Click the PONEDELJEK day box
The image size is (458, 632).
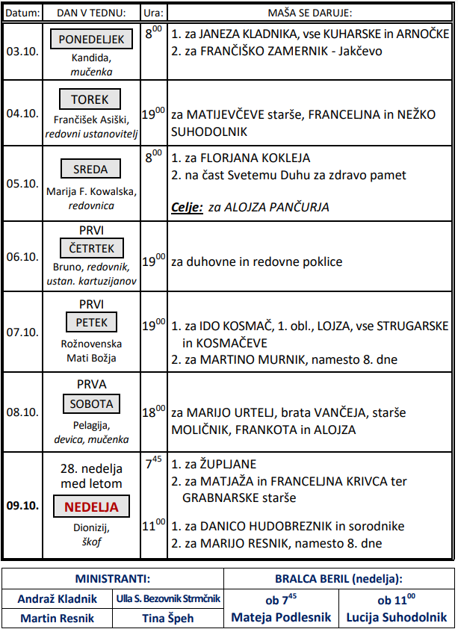pos(91,40)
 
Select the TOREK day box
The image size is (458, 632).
pos(90,99)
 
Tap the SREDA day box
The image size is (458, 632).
pos(90,169)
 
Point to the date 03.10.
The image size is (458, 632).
pos(22,53)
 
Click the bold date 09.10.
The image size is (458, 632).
pos(22,505)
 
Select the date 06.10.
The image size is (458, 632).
pos(22,256)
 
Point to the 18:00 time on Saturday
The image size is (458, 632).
pos(153,411)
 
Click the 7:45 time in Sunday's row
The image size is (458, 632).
pos(153,463)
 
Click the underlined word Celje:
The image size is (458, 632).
pos(188,207)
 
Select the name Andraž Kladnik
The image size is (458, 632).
pos(58,598)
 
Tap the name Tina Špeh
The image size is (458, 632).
pos(168,618)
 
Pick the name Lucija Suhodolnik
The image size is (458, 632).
pos(397,617)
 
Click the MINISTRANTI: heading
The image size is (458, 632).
pos(113,578)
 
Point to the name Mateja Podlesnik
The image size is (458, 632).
pos(281,617)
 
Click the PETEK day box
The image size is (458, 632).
pos(91,323)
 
